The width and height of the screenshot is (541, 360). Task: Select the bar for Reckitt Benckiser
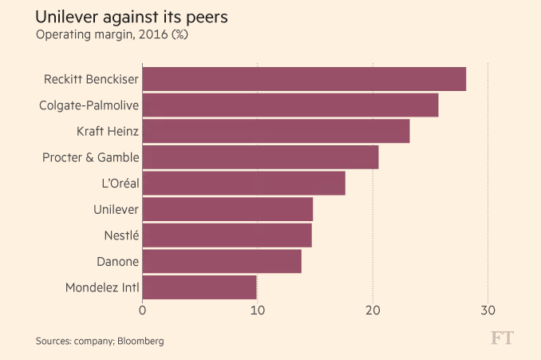tap(304, 80)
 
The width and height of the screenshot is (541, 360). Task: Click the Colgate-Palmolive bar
tap(290, 105)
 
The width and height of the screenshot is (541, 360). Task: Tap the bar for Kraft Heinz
tap(276, 132)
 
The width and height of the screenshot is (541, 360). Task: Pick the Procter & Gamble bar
tap(260, 157)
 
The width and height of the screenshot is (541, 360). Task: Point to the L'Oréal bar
tap(244, 184)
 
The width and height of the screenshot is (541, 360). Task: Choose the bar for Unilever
tap(227, 209)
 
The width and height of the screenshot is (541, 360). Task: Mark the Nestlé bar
tap(227, 235)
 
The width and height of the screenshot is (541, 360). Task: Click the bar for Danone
tap(222, 261)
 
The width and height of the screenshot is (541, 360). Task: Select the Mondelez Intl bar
tap(199, 287)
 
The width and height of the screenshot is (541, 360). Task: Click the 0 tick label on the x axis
tap(143, 311)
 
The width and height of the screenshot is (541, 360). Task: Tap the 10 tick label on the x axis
tap(258, 311)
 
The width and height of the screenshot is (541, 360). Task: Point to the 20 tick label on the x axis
tap(373, 311)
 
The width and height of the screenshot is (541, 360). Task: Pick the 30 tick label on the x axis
tap(488, 311)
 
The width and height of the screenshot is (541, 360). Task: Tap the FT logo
tap(502, 338)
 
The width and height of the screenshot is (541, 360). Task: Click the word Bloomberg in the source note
tap(140, 341)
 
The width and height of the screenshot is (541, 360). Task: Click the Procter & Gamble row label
tap(90, 157)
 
